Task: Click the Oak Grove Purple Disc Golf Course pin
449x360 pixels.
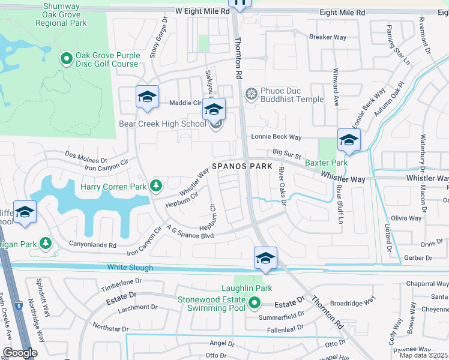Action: [x=67, y=59]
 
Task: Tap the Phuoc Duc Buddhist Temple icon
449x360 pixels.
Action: [x=252, y=94]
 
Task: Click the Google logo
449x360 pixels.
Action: [x=20, y=352]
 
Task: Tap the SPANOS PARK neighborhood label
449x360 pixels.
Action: [x=241, y=166]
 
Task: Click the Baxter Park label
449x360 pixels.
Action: [x=326, y=163]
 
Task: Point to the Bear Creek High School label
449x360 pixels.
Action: [x=162, y=124]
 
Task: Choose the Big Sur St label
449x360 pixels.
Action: [x=286, y=154]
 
